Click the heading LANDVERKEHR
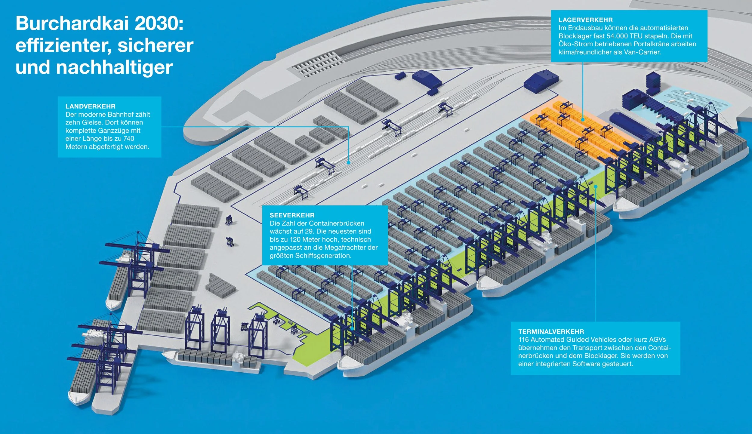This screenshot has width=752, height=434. (90, 106)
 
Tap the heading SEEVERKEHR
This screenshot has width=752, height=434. (292, 215)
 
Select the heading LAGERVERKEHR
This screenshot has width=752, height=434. (585, 20)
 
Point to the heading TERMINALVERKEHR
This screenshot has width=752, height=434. (551, 331)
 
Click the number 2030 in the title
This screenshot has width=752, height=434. (159, 23)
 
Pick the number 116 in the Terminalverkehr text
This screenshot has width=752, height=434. (523, 340)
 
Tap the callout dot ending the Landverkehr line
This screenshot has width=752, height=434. (349, 162)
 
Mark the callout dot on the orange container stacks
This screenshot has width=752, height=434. (583, 119)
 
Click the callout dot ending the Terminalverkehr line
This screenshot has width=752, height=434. (596, 186)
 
